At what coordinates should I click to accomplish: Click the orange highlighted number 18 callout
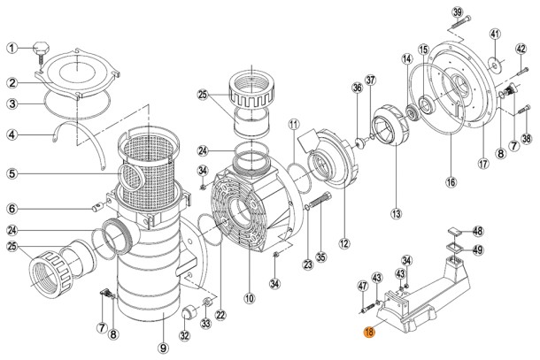369,332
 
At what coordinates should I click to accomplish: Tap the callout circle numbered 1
12,48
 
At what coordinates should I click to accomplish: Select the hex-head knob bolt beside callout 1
40,52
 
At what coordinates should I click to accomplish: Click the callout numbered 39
458,12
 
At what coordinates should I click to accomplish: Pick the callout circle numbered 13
396,214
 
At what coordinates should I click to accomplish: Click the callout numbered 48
478,231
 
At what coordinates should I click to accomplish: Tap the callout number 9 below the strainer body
163,348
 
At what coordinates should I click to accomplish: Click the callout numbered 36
357,88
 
